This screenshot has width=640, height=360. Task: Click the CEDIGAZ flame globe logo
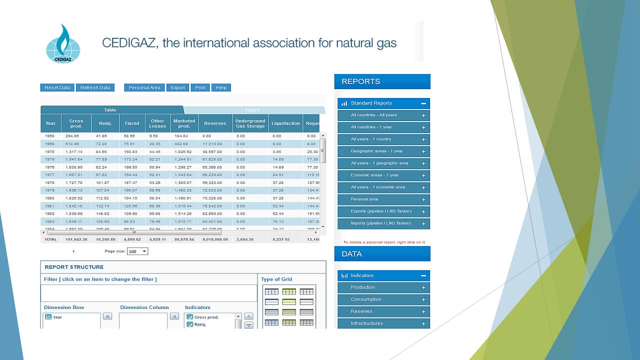[62, 44]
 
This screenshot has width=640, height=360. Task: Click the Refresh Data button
[95, 87]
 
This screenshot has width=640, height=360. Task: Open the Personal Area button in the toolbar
[144, 87]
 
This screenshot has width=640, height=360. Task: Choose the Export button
[177, 87]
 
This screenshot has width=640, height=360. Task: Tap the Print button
[200, 87]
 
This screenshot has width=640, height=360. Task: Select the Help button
[221, 87]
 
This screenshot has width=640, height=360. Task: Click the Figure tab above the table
[252, 110]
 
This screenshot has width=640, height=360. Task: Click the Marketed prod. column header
[184, 123]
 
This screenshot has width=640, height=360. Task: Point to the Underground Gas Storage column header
[250, 123]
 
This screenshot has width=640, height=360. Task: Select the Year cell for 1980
[50, 198]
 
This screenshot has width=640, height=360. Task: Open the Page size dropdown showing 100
[137, 251]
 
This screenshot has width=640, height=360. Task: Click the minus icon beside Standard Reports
[423, 103]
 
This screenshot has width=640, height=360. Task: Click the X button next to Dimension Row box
[107, 316]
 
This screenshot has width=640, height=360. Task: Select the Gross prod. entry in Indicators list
[206, 317]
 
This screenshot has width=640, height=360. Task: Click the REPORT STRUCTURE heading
[74, 267]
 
